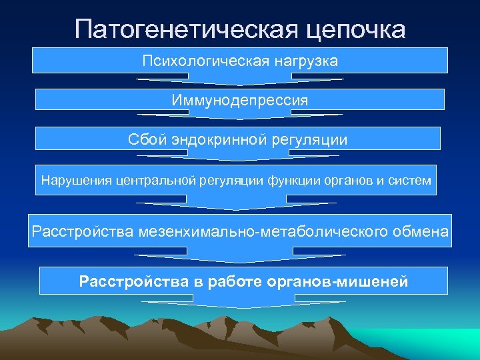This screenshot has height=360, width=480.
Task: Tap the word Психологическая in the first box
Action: pyautogui.click(x=203, y=61)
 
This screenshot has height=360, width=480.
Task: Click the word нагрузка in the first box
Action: pyautogui.click(x=304, y=61)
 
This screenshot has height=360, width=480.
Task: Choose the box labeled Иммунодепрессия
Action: pyautogui.click(x=240, y=100)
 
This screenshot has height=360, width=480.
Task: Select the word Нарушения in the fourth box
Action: pyautogui.click(x=75, y=180)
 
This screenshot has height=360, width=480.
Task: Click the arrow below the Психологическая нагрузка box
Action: pyautogui.click(x=240, y=81)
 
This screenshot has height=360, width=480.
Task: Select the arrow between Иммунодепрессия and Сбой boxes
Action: pyautogui.click(x=240, y=118)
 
